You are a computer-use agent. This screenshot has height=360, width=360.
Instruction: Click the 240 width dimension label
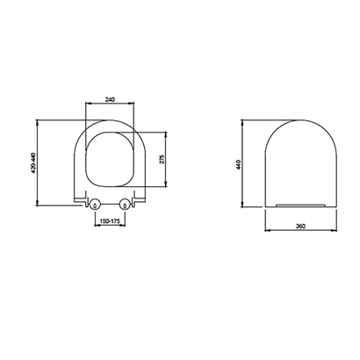pos(110,99)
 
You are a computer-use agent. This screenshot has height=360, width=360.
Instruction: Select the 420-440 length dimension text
pos(33,162)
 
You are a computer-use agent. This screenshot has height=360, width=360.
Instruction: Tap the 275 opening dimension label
pos(162,159)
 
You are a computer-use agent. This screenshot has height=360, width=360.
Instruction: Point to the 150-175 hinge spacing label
pos(110,221)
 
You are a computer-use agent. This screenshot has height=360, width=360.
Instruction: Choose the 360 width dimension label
pos(300,227)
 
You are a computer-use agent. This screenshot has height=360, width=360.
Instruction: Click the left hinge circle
pos(95,205)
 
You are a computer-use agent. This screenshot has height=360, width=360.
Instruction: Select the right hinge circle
pos(125,205)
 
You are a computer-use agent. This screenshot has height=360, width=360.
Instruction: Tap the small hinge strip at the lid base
pos(300,205)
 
